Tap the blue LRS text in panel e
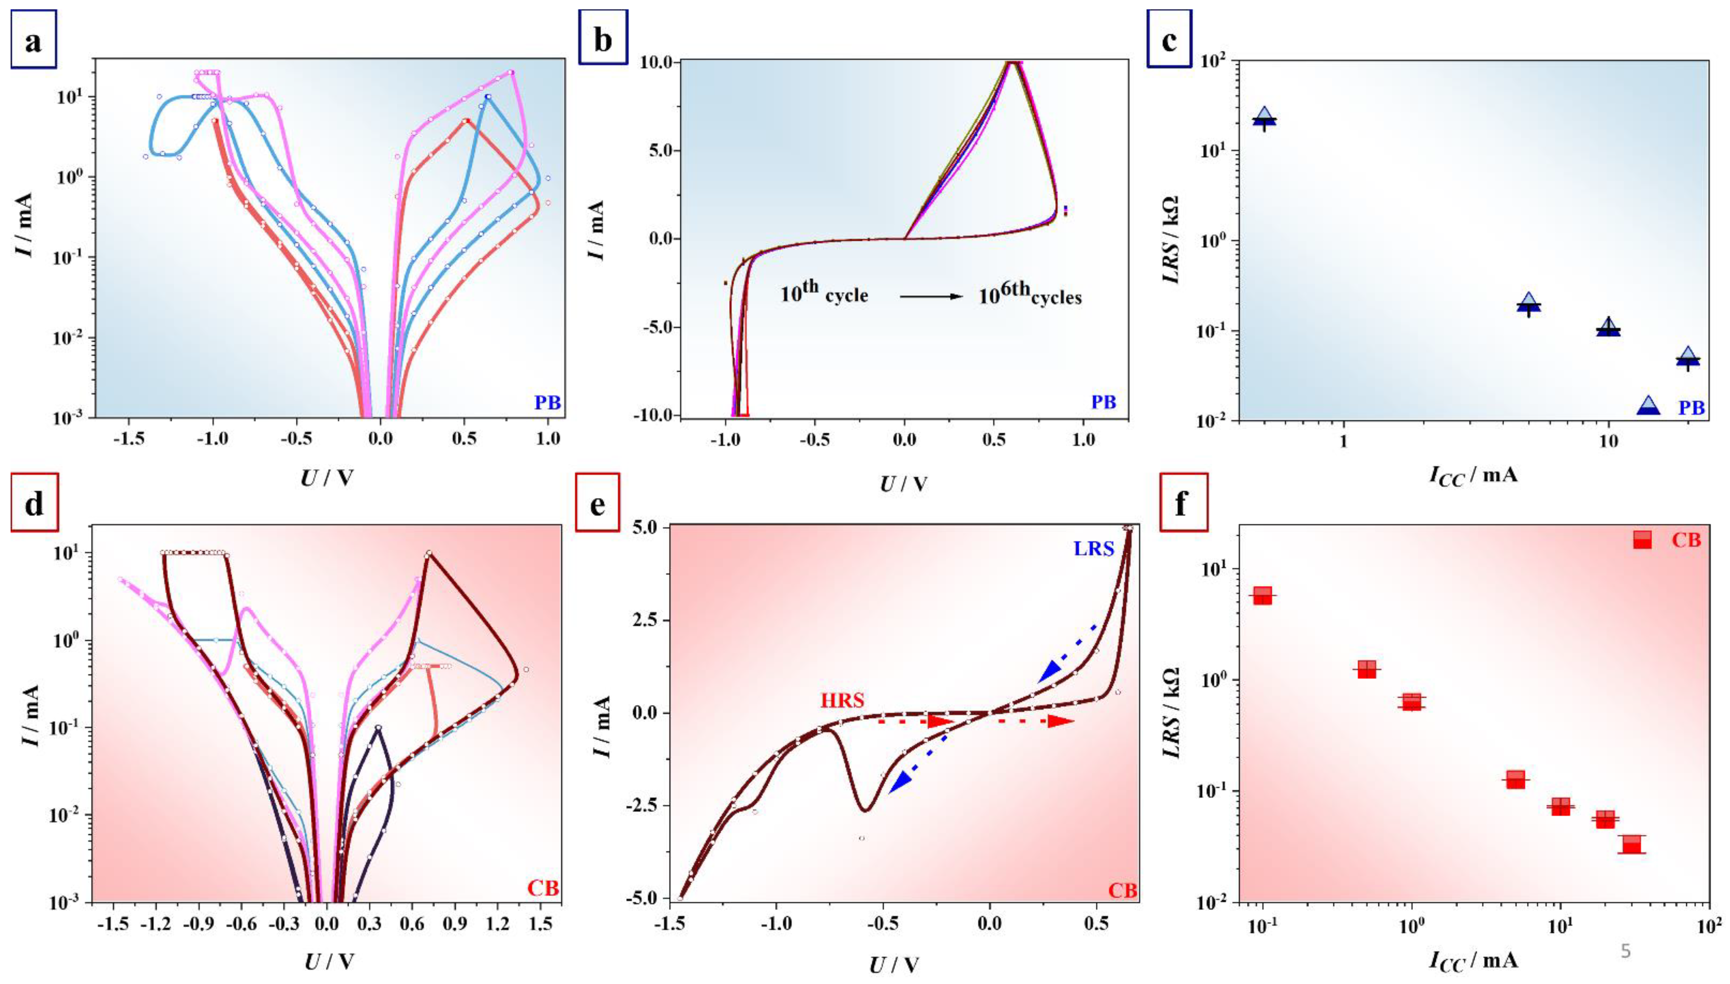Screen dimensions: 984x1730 tap(1093, 548)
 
